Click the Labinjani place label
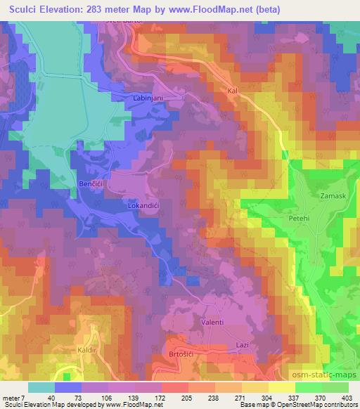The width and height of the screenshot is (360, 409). tap(149, 99)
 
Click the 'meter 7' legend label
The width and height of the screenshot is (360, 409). tap(13, 397)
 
